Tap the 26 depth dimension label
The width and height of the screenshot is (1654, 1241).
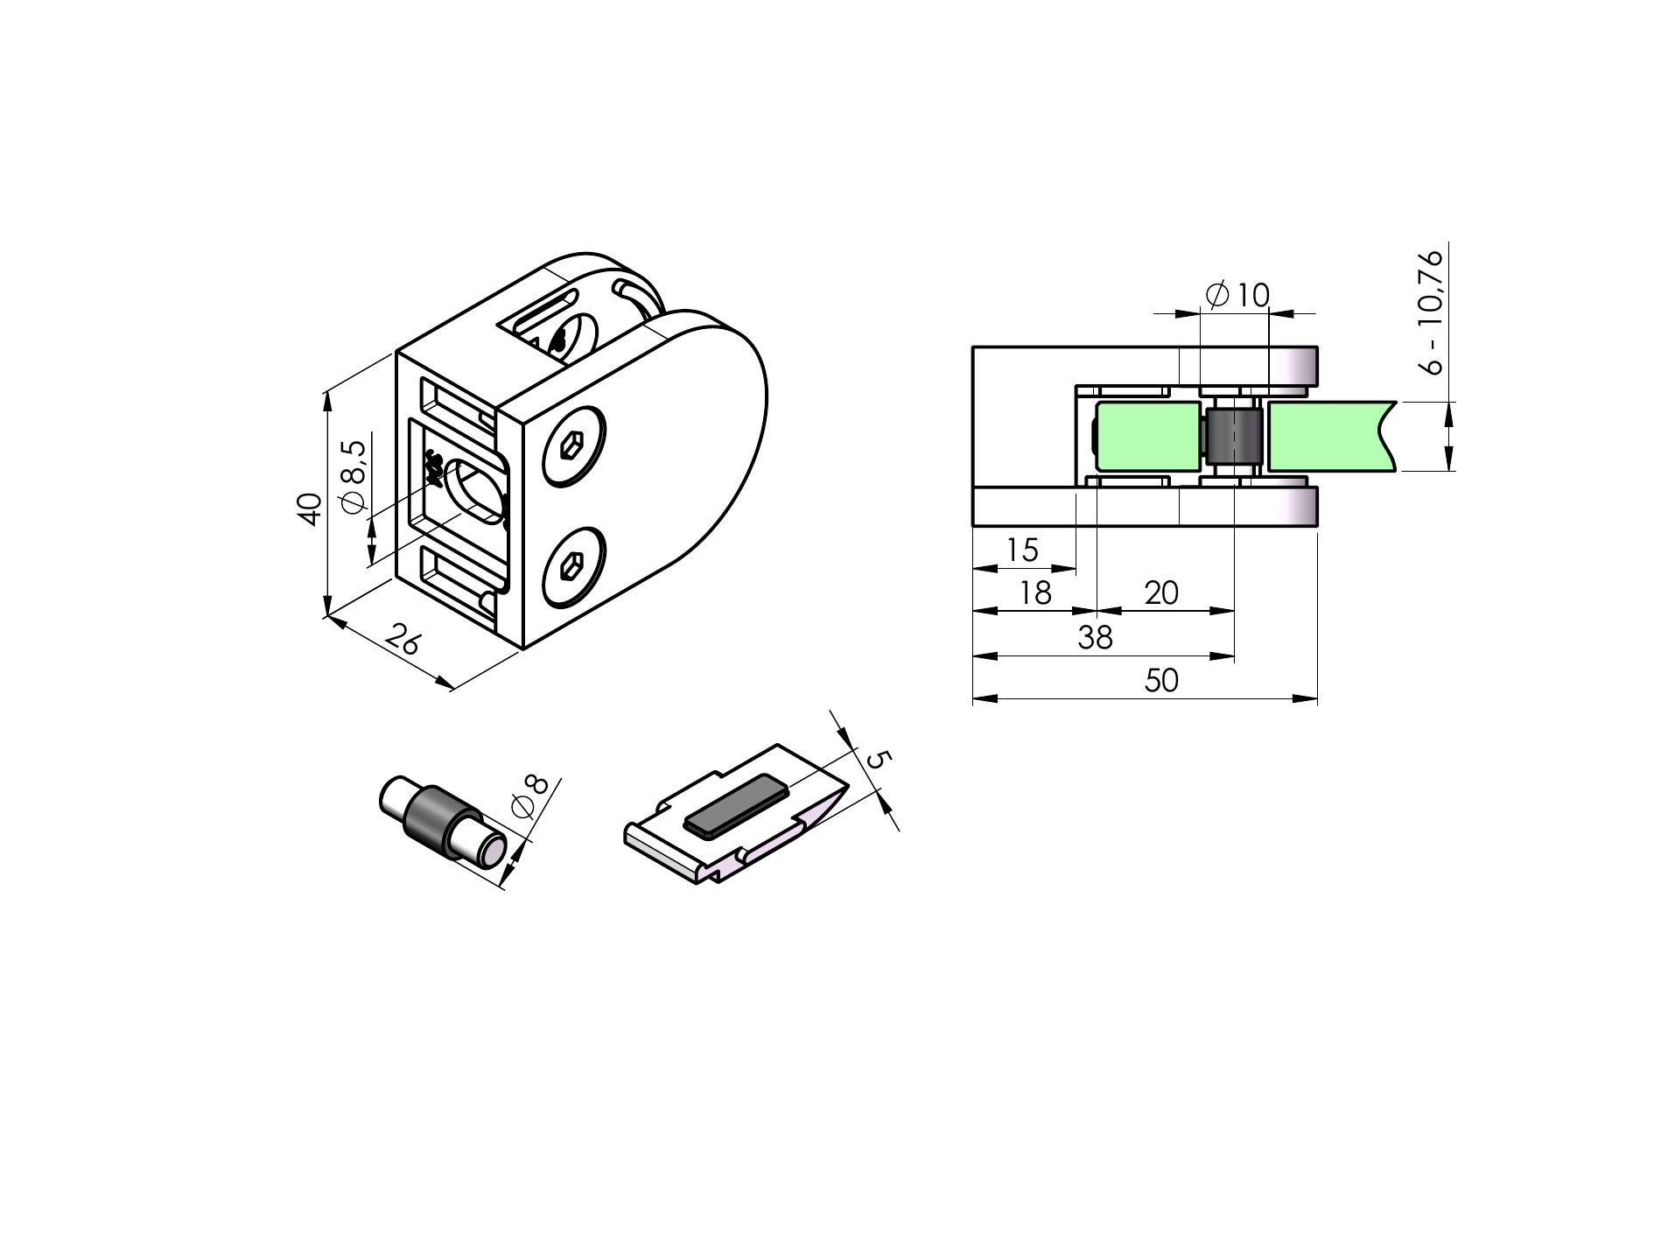click(403, 640)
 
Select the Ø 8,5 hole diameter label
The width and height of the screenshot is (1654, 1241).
click(353, 477)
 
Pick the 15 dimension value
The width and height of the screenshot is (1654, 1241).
click(1022, 550)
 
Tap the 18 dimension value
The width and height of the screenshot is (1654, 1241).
click(1035, 592)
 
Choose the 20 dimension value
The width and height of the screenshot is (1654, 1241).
click(1161, 592)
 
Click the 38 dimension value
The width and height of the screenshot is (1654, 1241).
click(1095, 637)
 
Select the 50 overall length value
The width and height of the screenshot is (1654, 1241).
click(1161, 680)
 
